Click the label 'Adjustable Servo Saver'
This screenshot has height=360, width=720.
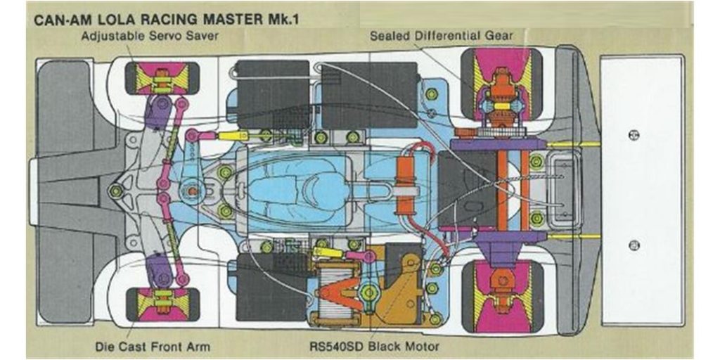[150, 36]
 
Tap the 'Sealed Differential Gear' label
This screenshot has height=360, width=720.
[442, 35]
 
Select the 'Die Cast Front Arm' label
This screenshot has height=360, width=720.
[152, 346]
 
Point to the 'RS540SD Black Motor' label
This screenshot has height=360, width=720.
[374, 346]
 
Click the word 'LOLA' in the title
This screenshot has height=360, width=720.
[136, 20]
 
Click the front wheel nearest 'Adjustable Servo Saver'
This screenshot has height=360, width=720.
[162, 78]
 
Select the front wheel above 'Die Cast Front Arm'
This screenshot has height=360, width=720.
[162, 304]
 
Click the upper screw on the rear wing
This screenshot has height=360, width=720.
[634, 135]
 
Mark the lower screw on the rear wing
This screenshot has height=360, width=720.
[634, 245]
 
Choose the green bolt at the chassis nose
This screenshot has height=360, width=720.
[116, 191]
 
